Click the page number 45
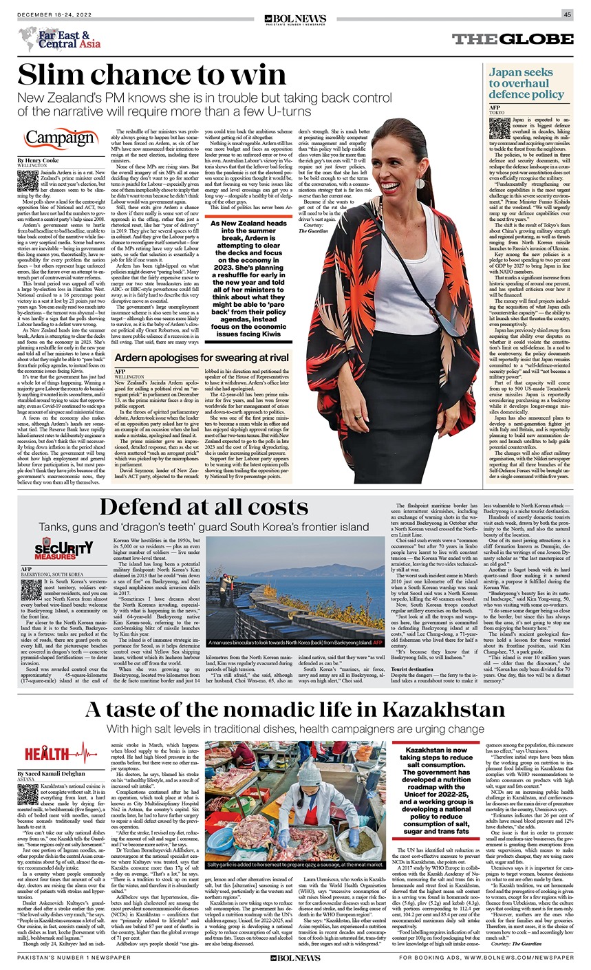coord(567,14)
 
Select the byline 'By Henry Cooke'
coord(39,160)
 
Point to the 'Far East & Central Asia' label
coord(69,39)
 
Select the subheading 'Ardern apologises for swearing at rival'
coord(202,358)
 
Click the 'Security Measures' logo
coord(64,548)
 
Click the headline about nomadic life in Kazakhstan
coord(295,709)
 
